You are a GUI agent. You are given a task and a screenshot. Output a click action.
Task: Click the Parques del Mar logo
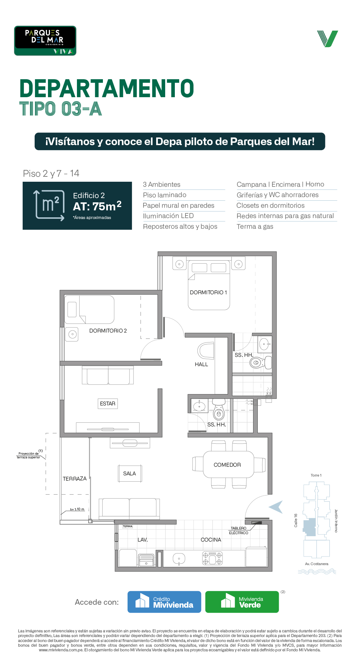point(45,41)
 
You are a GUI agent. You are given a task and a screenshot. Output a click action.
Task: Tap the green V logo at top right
point(328,39)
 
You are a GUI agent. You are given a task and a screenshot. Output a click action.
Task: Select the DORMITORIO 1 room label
point(208,292)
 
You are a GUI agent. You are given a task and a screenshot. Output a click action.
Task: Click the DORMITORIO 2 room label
point(108,331)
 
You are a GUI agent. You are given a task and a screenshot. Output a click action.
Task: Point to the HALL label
point(201,364)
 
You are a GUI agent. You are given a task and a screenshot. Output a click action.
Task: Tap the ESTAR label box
point(108,403)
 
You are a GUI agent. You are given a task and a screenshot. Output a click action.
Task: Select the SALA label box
point(130,473)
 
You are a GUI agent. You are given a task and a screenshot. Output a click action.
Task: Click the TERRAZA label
point(75,479)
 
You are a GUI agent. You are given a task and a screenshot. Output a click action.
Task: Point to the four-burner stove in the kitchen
point(212,558)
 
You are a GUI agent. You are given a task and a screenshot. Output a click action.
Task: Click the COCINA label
point(211,540)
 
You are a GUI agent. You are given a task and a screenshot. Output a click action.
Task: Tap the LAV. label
point(143,540)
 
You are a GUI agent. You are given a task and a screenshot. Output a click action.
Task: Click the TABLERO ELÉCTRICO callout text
point(239,531)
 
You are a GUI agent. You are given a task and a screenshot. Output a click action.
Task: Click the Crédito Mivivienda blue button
point(164,602)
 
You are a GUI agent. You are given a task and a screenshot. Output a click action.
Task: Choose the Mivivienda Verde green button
point(242,602)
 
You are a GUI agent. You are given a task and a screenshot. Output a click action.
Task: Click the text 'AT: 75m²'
point(97,206)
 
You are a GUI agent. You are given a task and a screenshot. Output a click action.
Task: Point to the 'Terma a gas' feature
point(255,227)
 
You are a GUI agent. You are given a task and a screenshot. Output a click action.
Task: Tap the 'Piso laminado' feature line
point(165,195)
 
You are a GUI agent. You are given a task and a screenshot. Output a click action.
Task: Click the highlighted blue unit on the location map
point(310,527)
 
